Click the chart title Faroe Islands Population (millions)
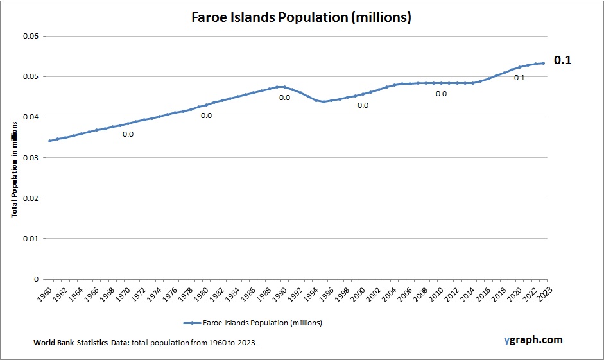click(301, 17)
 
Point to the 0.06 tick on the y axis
click(31, 36)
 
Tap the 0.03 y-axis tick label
click(31, 158)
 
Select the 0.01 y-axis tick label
click(31, 239)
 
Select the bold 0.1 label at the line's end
click(562, 60)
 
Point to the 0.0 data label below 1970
click(128, 134)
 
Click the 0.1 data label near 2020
click(519, 78)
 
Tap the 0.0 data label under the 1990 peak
click(284, 98)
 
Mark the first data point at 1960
click(49, 141)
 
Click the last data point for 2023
click(543, 63)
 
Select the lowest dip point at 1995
click(324, 102)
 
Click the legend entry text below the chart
click(262, 323)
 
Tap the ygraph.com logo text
click(533, 339)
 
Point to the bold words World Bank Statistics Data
click(82, 343)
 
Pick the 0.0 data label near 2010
click(441, 94)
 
